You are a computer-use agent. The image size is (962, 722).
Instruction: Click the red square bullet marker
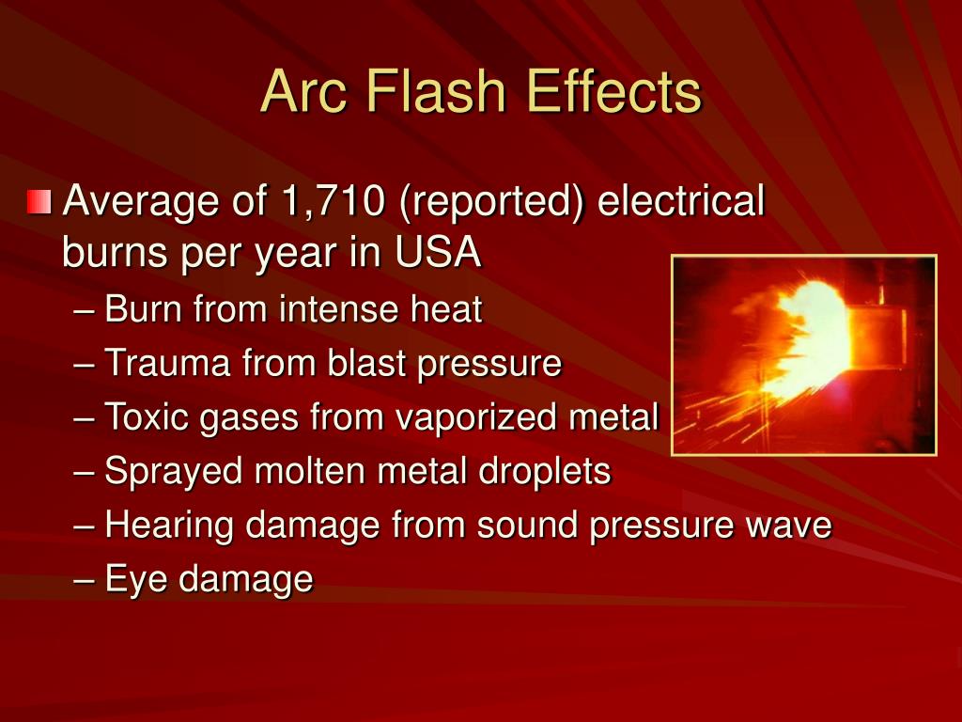click(39, 202)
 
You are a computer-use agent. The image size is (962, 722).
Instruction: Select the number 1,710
click(322, 201)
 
